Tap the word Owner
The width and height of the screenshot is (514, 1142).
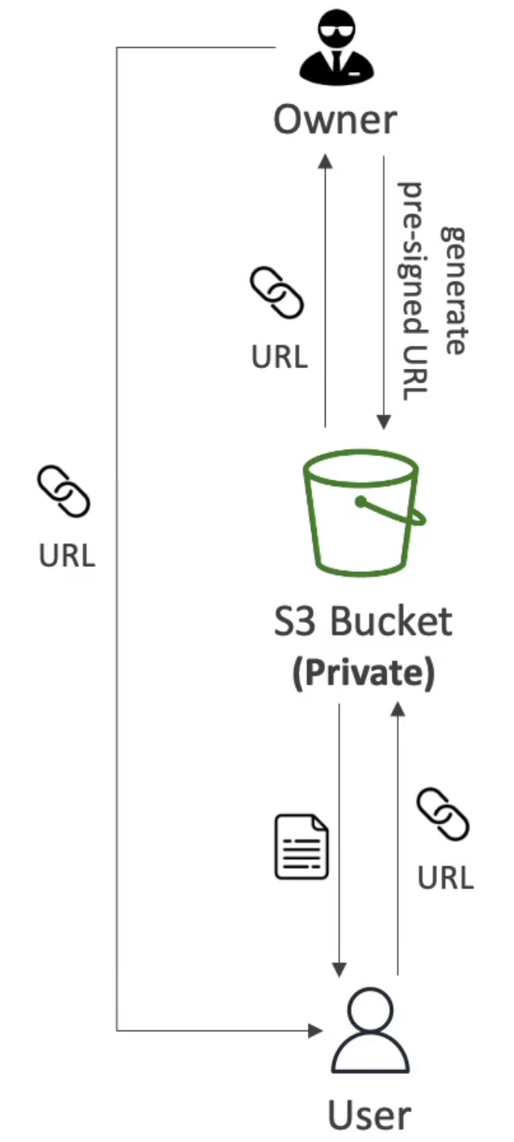335,121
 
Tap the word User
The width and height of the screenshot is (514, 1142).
370,1114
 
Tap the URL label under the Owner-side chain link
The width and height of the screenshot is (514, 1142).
279,357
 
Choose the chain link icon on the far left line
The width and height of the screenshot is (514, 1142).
64,491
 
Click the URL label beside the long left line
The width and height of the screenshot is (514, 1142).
66,555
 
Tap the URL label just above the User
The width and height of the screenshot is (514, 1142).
445,877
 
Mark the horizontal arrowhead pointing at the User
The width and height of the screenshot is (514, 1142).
316,1030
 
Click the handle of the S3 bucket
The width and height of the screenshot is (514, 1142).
393,512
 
